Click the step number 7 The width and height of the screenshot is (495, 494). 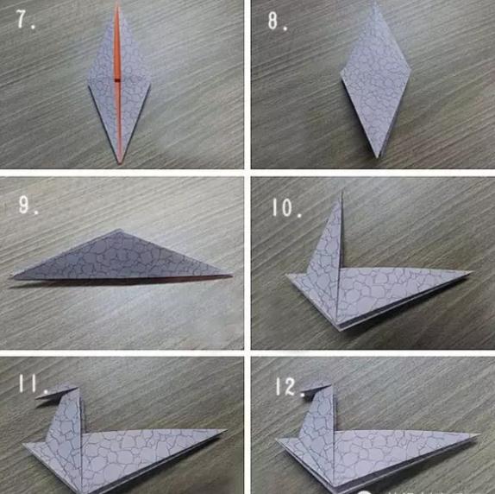pos(25,19)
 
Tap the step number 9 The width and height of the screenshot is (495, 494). pos(28,205)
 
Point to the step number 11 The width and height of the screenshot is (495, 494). pos(33,383)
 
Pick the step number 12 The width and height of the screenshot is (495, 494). pos(288,386)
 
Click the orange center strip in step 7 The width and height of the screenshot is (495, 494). pos(118,84)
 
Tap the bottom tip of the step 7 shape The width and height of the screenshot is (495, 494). pos(120,163)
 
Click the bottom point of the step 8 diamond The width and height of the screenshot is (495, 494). pos(377,157)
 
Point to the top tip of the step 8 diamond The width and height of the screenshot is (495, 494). pos(376,3)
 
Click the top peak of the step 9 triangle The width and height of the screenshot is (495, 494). pos(119,230)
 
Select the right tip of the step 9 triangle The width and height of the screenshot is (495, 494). pos(232,275)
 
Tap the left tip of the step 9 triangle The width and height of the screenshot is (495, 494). pos(13,277)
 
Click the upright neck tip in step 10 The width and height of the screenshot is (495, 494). pos(342,191)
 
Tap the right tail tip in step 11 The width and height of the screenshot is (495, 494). pos(226,430)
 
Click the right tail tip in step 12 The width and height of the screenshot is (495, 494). pos(479,435)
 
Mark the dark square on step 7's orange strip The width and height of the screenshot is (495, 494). pos(117,80)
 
